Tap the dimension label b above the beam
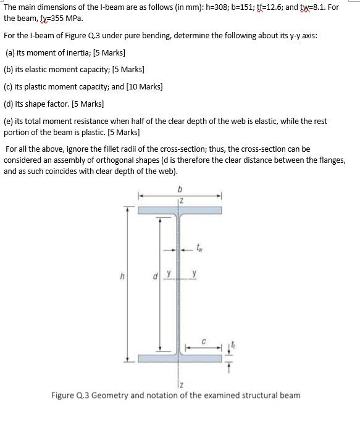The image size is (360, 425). tap(180, 189)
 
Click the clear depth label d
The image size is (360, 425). tap(155, 276)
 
